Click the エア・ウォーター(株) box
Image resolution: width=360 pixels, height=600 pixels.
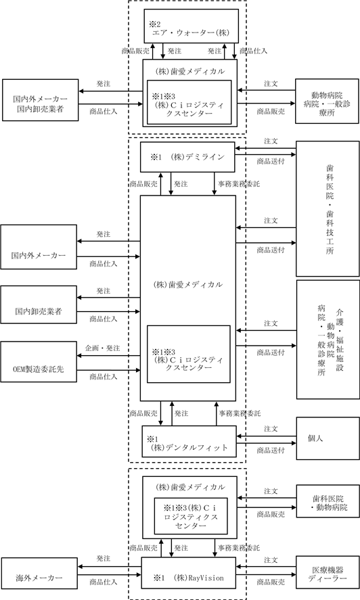pyautogui.click(x=191, y=26)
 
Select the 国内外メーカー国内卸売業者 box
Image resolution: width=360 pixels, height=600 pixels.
pyautogui.click(x=40, y=100)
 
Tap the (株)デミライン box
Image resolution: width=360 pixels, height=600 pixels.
pyautogui.click(x=187, y=157)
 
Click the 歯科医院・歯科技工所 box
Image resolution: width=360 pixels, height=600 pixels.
pyautogui.click(x=328, y=208)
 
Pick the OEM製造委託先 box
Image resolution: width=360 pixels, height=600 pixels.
pyautogui.click(x=39, y=362)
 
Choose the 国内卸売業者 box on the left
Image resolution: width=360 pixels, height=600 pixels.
pyautogui.click(x=39, y=304)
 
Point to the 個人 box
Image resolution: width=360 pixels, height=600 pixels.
pyautogui.click(x=328, y=438)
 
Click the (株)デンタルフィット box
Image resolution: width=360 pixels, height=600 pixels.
pyautogui.click(x=189, y=441)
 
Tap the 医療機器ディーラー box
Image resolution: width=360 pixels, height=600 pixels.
pyautogui.click(x=328, y=574)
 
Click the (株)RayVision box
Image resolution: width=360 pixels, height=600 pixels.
pyautogui.click(x=189, y=573)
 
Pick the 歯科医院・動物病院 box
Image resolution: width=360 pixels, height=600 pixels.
pyautogui.click(x=328, y=501)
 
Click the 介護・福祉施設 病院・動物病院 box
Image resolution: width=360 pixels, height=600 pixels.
pyautogui.click(x=328, y=340)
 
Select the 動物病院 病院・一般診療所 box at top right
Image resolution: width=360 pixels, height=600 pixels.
pyautogui.click(x=327, y=101)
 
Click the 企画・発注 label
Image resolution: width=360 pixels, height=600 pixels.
pyautogui.click(x=103, y=348)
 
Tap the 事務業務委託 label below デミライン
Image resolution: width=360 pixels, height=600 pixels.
pyautogui.click(x=239, y=184)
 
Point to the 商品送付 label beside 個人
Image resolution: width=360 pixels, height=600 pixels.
pyautogui.click(x=271, y=451)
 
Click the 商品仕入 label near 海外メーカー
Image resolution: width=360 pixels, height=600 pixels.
pyautogui.click(x=104, y=582)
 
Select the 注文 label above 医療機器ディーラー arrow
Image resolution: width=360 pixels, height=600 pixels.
pyautogui.click(x=271, y=560)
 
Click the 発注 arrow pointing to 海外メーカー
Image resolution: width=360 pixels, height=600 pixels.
pyautogui.click(x=110, y=567)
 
